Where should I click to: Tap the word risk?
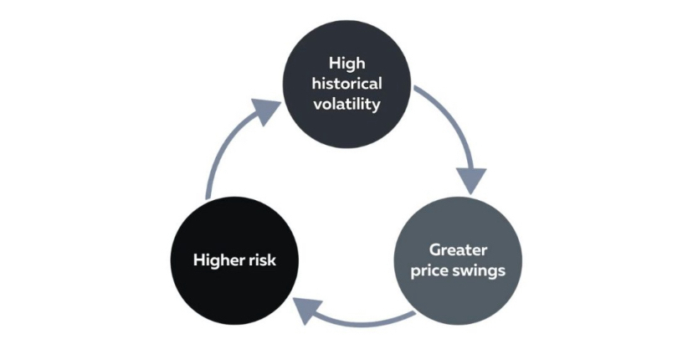[x=262, y=260]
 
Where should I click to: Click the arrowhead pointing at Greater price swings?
[x=471, y=178]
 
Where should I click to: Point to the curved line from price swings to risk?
[x=368, y=321]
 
